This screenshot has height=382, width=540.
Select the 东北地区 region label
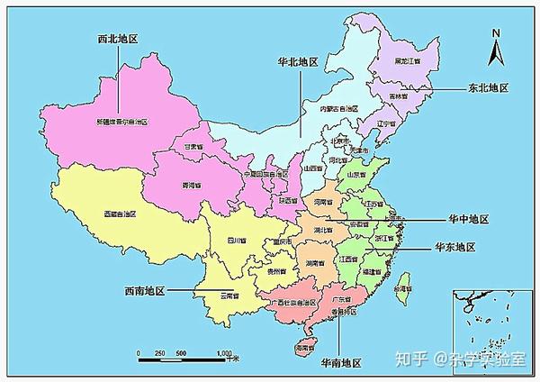point(488,88)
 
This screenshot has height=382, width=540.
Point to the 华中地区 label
point(467,219)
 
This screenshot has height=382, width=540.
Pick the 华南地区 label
point(338,362)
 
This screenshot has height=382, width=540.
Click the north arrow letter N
point(494,34)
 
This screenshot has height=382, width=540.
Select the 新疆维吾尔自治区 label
point(123,121)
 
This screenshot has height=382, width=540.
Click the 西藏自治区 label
point(119,214)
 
